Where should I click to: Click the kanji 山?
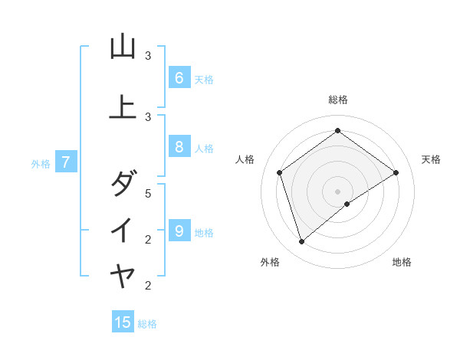point(123,47)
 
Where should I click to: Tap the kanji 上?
point(123,108)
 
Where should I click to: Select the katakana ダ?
point(123,184)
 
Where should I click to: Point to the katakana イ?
point(123,231)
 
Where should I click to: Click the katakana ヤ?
point(123,277)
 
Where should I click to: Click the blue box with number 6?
point(179,77)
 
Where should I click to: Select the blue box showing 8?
point(179,146)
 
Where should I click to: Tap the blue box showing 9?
point(179,231)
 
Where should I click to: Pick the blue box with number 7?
point(66,162)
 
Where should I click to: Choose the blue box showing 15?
point(123,322)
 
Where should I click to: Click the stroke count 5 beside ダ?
point(149,193)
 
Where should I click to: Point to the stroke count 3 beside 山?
point(149,56)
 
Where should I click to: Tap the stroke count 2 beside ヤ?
point(149,286)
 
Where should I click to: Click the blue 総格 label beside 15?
point(147,324)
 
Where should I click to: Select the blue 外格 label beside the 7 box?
point(41,163)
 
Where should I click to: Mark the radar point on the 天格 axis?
point(396,172)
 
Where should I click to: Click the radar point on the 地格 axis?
point(347,204)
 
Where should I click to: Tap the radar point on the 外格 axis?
point(301,241)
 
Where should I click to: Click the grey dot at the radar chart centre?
point(337,191)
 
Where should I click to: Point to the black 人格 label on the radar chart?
point(245,159)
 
